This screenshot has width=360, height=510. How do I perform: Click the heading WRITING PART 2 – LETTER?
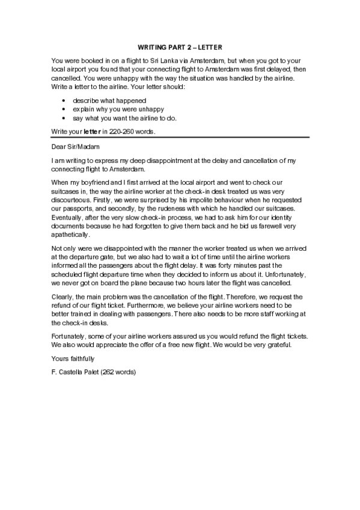180,46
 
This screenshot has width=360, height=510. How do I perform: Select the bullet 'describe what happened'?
109,100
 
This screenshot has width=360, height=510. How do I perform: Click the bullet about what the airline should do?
125,118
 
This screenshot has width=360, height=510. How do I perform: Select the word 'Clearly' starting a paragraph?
63,296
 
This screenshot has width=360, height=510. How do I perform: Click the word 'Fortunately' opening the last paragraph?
70,336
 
